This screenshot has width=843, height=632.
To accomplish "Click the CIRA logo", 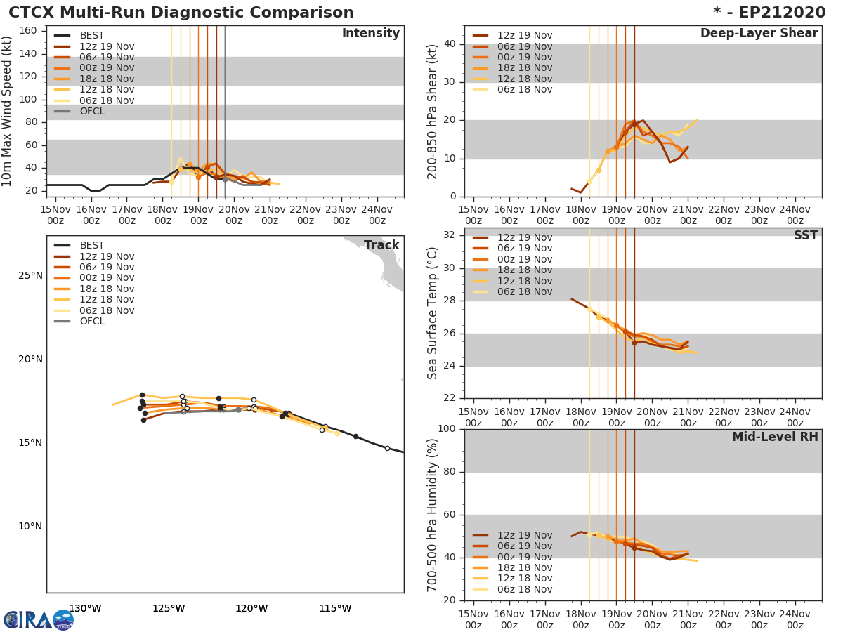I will [x=38, y=619].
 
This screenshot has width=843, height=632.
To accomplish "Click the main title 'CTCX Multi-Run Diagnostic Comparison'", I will [x=181, y=13].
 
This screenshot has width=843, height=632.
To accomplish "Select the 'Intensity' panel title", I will [x=370, y=34].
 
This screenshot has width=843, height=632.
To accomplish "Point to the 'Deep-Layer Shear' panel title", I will [x=759, y=34].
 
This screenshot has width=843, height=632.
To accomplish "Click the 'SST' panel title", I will [x=805, y=236].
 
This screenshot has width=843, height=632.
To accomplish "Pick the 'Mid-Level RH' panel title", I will [x=774, y=437].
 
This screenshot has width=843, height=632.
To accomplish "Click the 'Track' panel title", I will [x=381, y=245].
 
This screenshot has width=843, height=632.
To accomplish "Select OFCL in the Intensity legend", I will [x=92, y=111].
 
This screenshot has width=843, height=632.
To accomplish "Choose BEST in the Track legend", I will [x=92, y=245].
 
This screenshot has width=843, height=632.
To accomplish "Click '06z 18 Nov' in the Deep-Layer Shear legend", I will [x=525, y=89].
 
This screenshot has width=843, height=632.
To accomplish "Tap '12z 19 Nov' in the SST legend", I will [x=525, y=237].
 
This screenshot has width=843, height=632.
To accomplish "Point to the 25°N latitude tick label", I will [x=30, y=275].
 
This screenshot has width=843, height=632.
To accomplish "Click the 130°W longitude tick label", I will [x=85, y=608].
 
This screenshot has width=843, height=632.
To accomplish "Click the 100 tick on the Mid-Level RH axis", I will [x=450, y=429].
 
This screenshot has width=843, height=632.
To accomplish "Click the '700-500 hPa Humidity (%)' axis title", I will [x=433, y=515].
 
